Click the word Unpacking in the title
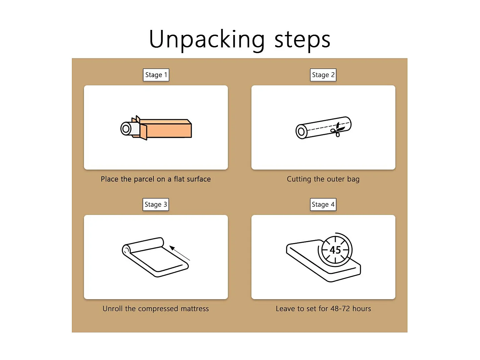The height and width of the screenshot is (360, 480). click(207, 40)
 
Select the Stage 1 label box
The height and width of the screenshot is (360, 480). click(156, 75)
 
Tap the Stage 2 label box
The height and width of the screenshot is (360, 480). click(323, 75)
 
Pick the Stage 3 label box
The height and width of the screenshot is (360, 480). click(156, 204)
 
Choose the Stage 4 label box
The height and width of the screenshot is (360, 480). click(323, 204)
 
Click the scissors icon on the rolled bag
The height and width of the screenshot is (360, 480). click(337, 129)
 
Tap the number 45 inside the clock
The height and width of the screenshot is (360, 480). click(335, 250)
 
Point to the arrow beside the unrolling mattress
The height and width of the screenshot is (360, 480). click(180, 253)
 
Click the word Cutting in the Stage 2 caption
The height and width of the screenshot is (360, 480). click(299, 179)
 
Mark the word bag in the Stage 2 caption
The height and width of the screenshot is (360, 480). click(353, 179)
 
